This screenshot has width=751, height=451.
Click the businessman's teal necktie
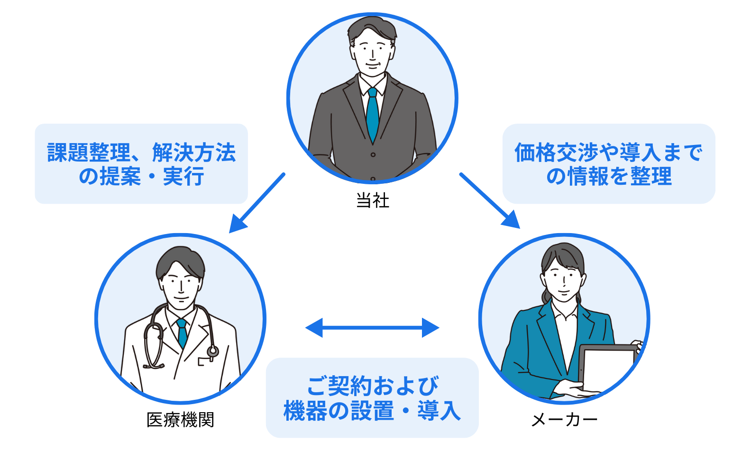point(373,114)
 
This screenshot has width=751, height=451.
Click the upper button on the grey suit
point(373,155)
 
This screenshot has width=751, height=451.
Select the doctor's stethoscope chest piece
point(213,351)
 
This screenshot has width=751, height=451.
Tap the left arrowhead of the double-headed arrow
point(314,327)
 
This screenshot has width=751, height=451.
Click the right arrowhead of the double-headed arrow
point(430,327)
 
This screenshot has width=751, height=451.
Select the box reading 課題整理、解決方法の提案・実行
point(141,164)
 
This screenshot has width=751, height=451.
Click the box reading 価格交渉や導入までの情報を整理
point(609,164)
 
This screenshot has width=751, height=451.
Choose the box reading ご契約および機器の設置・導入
point(372,397)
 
